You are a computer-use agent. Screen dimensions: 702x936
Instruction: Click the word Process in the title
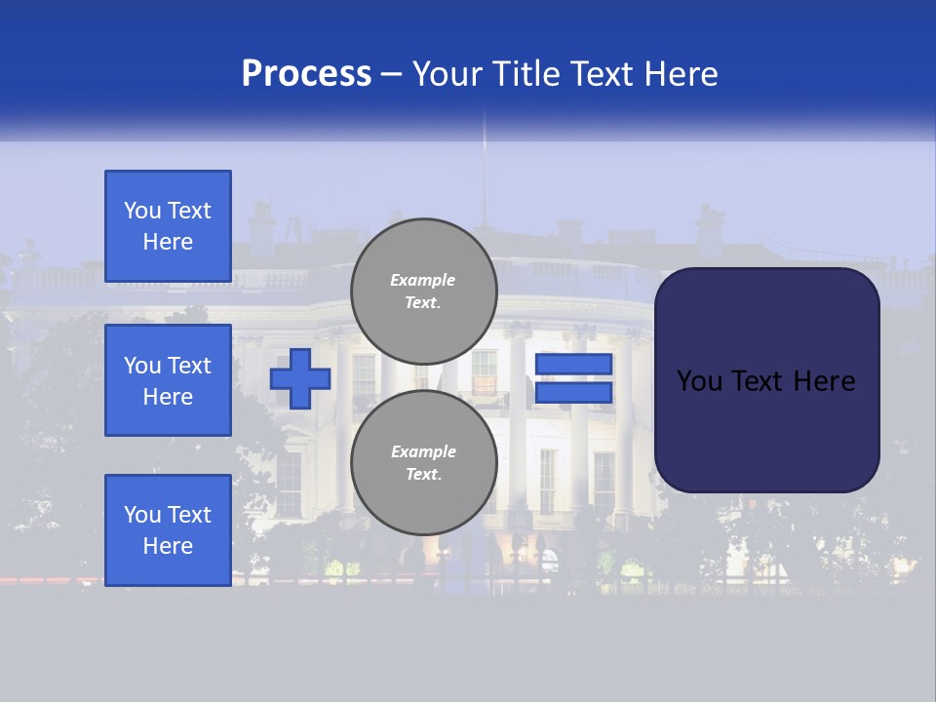[306, 74]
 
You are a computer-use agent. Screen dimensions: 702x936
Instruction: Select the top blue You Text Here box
[168, 226]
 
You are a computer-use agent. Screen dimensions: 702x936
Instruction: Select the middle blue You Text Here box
[168, 380]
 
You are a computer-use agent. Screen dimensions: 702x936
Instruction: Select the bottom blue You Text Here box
[168, 530]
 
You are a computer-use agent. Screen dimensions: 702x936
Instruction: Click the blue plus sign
[300, 379]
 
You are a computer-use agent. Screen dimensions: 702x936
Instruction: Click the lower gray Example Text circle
[423, 462]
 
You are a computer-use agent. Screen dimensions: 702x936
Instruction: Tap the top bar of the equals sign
[573, 364]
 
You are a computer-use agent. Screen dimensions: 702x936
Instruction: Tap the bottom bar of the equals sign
[573, 393]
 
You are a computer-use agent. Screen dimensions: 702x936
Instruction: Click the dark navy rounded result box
[766, 380]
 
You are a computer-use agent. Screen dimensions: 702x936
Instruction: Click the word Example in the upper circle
[423, 280]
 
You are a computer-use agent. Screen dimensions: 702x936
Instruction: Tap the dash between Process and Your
[392, 74]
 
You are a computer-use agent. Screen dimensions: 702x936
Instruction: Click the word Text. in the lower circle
[423, 474]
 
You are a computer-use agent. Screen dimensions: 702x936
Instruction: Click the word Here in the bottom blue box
[168, 546]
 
